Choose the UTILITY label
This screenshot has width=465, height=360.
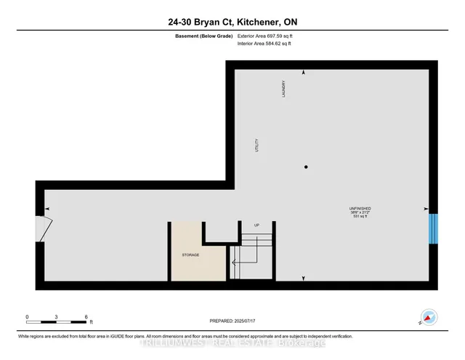pos(256,145)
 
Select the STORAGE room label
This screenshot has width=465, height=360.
pos(190,255)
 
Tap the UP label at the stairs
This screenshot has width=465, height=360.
pos(256,225)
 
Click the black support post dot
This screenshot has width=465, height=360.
pos(306,167)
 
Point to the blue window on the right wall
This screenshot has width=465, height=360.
pos(433,227)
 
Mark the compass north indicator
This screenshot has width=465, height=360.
pos(428,318)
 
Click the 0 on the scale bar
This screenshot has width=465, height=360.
pos(27,317)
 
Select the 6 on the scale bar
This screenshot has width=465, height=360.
pos(86,317)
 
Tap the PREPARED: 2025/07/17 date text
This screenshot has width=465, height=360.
pos(232,321)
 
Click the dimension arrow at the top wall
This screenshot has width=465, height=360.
pos(304,73)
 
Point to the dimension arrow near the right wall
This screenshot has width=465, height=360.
pos(426,209)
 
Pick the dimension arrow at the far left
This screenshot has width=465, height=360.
pos(47,209)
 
